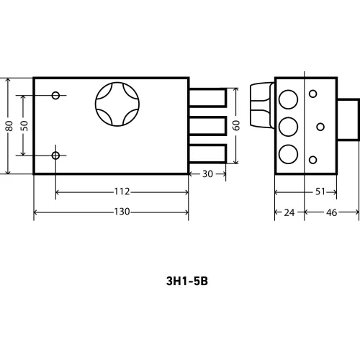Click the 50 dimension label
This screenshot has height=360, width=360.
24,125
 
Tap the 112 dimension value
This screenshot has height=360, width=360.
121,192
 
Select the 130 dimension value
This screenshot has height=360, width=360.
121,212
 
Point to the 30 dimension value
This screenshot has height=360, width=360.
207,174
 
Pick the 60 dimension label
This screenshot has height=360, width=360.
236,125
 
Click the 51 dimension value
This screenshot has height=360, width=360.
321,192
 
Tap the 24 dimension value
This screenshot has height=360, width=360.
289,212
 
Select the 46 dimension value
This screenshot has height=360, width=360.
332,212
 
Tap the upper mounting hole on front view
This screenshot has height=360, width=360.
55,94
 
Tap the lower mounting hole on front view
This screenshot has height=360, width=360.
55,155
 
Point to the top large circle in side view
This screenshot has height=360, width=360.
288,99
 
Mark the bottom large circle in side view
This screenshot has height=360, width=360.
288,153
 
